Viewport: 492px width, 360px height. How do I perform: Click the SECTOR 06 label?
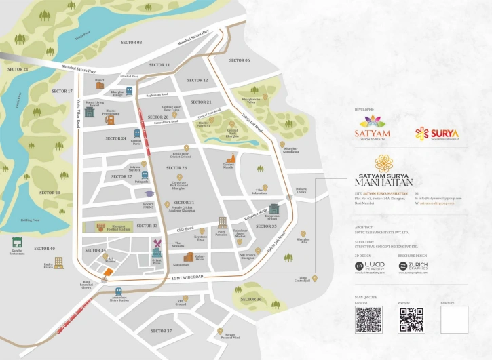(x=239, y=60)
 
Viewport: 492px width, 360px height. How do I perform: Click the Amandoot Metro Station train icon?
(x=110, y=292)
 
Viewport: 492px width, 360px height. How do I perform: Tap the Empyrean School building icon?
(x=273, y=209)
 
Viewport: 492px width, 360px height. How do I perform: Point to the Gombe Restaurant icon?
(x=17, y=242)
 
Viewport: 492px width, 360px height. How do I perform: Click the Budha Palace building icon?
(x=59, y=262)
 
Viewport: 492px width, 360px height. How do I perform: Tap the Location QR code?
(x=368, y=319)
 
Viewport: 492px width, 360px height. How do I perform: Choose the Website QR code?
(x=411, y=319)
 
